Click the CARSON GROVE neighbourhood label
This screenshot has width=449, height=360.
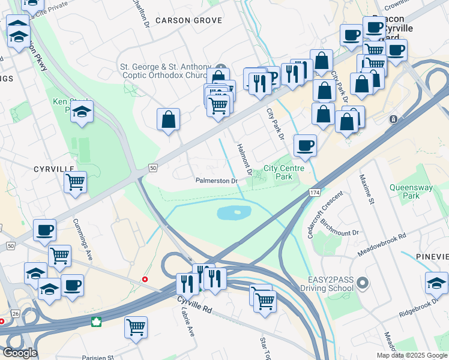pos(188,20)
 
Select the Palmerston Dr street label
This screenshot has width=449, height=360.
pos(217,181)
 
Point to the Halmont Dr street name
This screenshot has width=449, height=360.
pos(243,155)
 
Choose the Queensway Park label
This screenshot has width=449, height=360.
pos(411,191)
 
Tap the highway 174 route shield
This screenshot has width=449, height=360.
pos(315,191)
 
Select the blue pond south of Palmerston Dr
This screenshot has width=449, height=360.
pos(233,212)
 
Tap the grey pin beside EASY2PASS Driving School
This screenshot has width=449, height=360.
pos(362,282)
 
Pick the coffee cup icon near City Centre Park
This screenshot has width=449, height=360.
pos(305,145)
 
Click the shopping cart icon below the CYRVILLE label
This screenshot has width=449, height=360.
pos(75,182)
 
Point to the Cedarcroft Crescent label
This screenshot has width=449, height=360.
pos(325,215)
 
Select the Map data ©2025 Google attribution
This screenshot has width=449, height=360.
pos(411,355)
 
